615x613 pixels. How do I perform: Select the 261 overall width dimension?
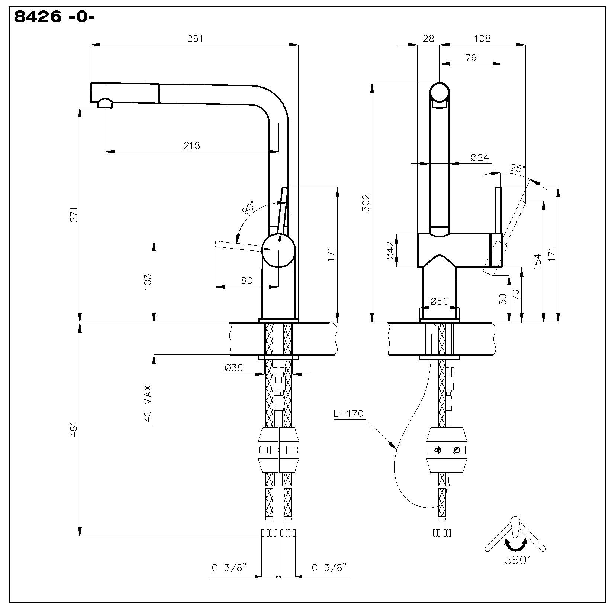(x=195, y=38)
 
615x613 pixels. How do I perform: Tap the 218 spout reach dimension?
(x=192, y=145)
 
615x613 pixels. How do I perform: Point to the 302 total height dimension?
(x=367, y=202)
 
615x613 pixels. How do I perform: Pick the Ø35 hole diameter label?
(x=234, y=368)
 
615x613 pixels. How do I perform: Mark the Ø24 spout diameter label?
(x=480, y=158)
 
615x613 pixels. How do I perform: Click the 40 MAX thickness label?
(x=148, y=403)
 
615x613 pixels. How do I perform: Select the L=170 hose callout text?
(x=348, y=414)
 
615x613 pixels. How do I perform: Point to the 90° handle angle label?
(x=249, y=208)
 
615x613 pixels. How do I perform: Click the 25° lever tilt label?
(x=518, y=168)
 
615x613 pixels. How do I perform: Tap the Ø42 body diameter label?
(x=390, y=250)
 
